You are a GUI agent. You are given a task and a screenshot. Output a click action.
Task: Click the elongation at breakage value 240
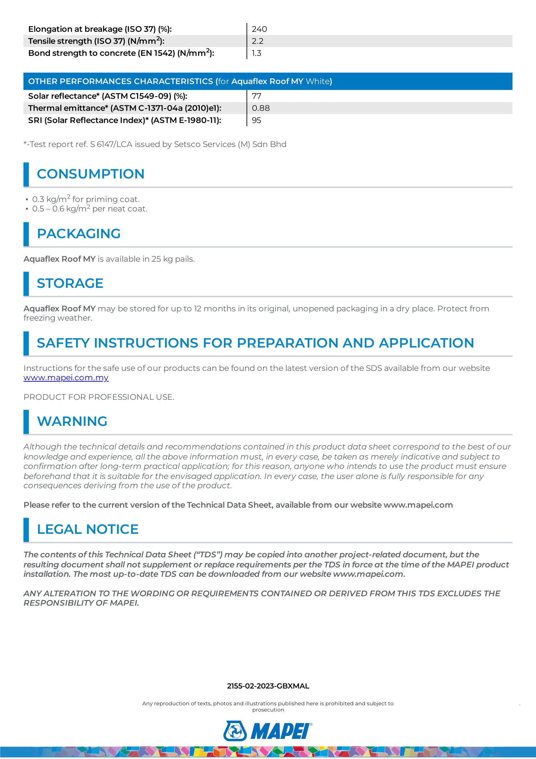tap(259, 29)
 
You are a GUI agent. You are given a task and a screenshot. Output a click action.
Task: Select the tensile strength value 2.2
tap(257, 41)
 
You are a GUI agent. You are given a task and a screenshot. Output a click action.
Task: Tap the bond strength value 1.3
tap(256, 53)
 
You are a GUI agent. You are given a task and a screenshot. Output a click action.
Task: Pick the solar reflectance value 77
tap(256, 96)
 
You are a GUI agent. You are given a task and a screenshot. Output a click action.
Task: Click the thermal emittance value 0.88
tap(261, 108)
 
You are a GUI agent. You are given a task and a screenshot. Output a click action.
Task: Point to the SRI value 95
tap(256, 120)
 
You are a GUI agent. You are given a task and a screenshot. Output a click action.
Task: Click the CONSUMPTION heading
tap(90, 174)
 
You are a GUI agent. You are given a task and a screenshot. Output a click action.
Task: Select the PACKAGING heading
tap(78, 233)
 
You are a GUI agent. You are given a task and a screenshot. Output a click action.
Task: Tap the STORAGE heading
tap(70, 283)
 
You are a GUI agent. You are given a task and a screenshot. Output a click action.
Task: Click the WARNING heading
tap(72, 421)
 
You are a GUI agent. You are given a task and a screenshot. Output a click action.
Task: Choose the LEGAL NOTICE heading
tap(88, 529)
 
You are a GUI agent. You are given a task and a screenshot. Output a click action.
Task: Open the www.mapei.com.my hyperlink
tap(66, 377)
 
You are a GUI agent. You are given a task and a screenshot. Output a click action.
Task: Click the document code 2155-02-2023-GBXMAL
tap(268, 686)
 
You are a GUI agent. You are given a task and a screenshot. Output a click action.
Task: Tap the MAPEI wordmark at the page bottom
tap(280, 731)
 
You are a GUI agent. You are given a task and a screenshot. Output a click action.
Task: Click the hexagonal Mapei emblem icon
tap(235, 730)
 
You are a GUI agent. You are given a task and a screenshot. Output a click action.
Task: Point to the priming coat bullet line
tap(86, 199)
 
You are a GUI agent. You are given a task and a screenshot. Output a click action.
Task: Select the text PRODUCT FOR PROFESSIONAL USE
tap(99, 397)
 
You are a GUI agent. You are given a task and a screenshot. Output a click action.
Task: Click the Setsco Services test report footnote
tap(155, 144)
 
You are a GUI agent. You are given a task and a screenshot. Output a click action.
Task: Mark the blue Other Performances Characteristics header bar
tap(268, 81)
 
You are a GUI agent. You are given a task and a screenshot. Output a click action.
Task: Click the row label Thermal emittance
tap(125, 108)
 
